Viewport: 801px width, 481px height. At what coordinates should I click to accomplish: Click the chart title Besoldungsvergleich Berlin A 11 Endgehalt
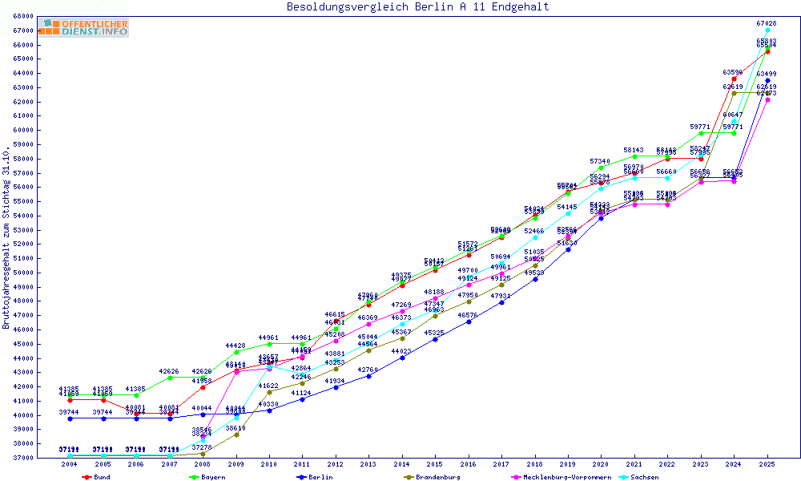point(417,7)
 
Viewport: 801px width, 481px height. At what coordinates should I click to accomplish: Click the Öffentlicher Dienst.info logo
point(83,28)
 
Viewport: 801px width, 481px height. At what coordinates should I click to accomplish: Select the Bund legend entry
point(97,477)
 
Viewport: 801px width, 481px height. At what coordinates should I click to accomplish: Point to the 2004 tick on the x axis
point(70,464)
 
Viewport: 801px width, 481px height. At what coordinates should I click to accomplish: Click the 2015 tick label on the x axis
point(435,464)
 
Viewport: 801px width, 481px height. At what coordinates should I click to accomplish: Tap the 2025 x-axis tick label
point(767,464)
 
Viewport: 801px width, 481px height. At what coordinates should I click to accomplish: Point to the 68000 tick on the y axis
point(22,16)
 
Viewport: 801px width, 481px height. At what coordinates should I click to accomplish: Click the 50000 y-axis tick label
point(22,273)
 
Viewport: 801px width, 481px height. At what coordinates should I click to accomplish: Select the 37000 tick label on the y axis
point(22,458)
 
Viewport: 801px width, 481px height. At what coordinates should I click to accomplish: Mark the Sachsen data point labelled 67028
point(767,30)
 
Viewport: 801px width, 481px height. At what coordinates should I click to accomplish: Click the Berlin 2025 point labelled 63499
point(767,80)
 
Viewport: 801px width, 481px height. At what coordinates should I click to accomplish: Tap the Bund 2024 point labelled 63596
point(734,79)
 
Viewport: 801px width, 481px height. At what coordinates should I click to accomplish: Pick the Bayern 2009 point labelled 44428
point(235,352)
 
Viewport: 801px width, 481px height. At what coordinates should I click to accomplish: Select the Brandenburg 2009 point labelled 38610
point(235,435)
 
